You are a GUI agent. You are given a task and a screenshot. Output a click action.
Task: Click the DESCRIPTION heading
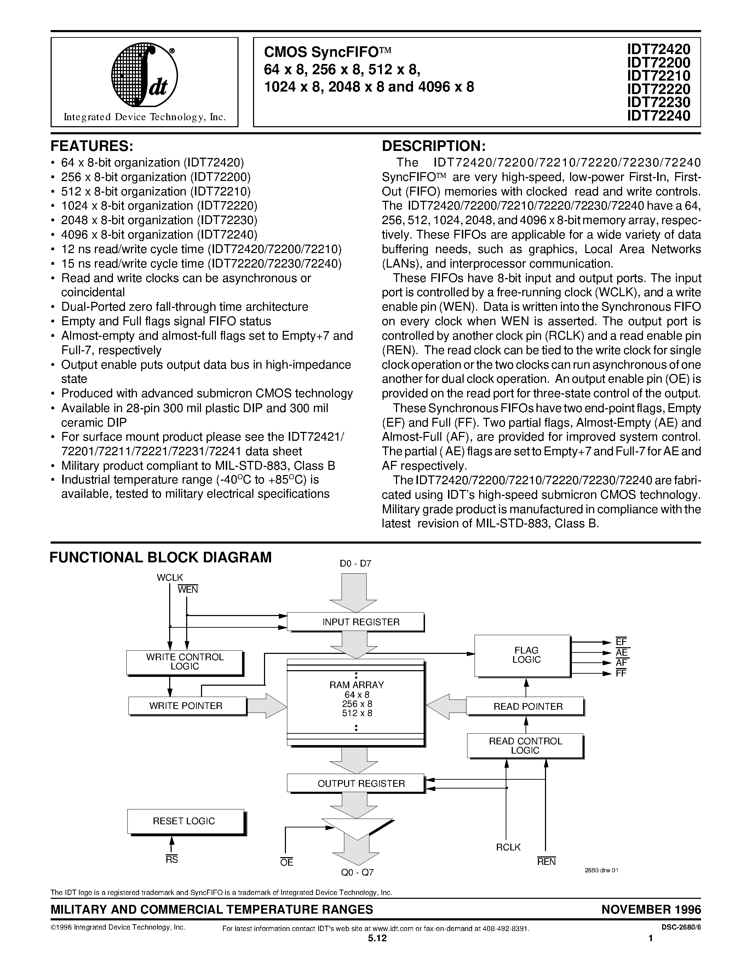434,146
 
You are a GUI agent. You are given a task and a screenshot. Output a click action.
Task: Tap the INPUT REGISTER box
355,622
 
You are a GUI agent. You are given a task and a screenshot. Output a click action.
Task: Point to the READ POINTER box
525,706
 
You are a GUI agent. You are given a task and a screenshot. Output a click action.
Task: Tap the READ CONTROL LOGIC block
525,746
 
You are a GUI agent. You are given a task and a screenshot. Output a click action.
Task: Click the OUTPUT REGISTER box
355,783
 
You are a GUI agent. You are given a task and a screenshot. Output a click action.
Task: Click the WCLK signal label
170,578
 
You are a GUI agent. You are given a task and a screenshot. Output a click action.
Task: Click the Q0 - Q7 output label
357,873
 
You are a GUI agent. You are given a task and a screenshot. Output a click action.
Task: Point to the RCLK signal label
508,847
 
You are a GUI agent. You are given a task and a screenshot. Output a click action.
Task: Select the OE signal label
286,862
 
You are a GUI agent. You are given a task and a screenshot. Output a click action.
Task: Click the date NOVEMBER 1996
651,909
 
